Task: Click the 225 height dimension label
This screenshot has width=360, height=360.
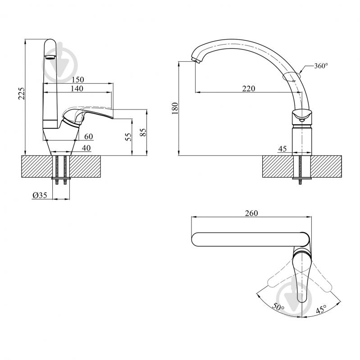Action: coord(21,93)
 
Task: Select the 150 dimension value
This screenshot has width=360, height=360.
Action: coord(78,80)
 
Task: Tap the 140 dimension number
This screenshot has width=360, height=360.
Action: coord(77,89)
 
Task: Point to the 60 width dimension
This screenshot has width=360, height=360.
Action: coord(89,137)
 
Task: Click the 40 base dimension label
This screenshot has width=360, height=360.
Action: coord(87,148)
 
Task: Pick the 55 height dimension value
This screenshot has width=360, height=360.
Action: coord(129,137)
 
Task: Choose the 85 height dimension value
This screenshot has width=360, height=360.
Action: coord(143,132)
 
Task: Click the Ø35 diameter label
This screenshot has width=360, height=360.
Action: coord(40,195)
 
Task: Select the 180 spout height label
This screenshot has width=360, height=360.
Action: coord(175,109)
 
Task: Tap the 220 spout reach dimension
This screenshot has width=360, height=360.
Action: coord(249,89)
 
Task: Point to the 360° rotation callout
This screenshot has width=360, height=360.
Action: coord(321,66)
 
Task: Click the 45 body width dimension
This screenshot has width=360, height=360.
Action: coord(283,149)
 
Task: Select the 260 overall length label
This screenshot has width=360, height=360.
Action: coord(251,213)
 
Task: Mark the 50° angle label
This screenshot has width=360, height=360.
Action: coord(278,307)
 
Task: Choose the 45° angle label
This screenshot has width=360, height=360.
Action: coord(321,309)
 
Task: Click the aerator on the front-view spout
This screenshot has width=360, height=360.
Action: coord(50,57)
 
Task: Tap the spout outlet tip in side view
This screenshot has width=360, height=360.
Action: coord(196,61)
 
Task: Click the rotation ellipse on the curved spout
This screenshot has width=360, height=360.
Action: coord(291,76)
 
